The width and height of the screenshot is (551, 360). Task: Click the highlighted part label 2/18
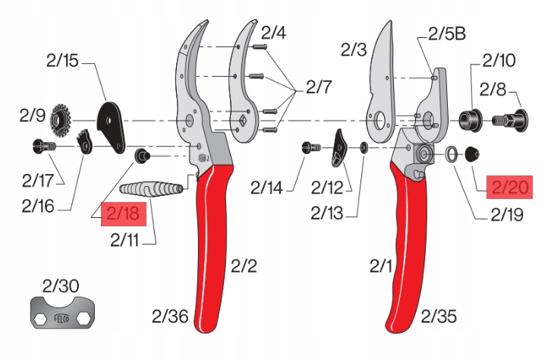point(121,214)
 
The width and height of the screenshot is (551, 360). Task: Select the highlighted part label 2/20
point(509,187)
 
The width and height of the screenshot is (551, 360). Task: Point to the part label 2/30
point(61,286)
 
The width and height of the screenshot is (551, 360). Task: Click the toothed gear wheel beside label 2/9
point(61,119)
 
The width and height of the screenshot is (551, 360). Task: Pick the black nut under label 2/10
point(468,119)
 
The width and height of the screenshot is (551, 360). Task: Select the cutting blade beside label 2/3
point(383,76)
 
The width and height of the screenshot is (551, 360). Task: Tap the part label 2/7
point(319,87)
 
